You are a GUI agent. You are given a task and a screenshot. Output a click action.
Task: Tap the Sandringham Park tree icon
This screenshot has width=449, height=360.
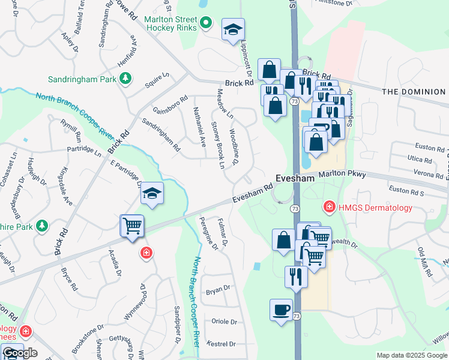[x=125, y=79]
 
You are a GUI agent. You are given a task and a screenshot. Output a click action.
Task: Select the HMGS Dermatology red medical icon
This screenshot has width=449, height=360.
[x=329, y=208]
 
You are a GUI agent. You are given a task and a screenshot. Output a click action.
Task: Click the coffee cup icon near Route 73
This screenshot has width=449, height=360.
[x=281, y=310]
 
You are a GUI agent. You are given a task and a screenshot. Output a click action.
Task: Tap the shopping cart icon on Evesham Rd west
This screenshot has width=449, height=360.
[x=132, y=226]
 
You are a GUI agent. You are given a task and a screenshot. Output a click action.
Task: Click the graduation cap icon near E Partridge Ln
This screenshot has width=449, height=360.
[x=152, y=193]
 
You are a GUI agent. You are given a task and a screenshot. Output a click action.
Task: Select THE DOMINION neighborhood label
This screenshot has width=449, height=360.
[x=414, y=92]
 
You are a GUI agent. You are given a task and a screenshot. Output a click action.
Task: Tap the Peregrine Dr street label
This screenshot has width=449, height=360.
[x=205, y=233]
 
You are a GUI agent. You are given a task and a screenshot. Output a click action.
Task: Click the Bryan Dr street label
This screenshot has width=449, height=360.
[x=218, y=289]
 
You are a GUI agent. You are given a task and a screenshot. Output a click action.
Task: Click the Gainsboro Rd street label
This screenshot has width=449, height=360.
[x=170, y=106]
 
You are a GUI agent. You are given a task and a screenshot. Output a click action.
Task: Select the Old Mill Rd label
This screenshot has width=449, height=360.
[x=425, y=261]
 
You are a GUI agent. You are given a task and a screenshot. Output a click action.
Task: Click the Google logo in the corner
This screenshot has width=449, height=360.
[x=20, y=353]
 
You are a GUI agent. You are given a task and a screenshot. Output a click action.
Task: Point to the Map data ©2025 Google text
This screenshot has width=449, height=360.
[x=411, y=355]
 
